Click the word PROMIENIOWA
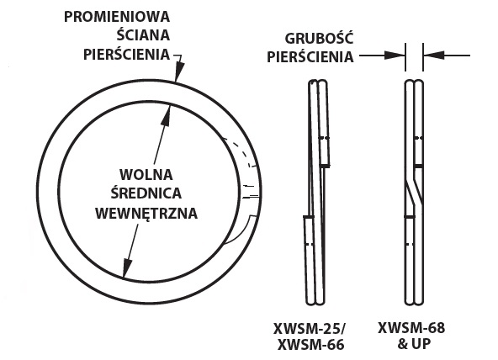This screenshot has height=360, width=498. coord(117,17)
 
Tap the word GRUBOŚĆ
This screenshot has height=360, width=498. coord(319,38)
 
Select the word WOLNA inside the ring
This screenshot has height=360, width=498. coord(146,175)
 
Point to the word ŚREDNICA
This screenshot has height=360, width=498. coord(146,193)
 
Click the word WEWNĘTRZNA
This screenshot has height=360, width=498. coord(146,214)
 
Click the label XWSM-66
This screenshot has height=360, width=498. coord(311,345)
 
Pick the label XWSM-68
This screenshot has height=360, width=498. coord(411,327)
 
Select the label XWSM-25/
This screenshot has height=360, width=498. coord(309,329)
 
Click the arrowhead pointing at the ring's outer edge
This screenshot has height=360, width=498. coord(179,72)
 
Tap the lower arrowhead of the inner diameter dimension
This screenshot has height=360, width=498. coord(127,268)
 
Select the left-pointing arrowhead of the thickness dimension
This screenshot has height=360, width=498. coord(434,56)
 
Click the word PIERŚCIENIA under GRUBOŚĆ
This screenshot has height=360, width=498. coord(310,57)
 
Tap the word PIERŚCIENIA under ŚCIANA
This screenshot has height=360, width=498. coord(127,54)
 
